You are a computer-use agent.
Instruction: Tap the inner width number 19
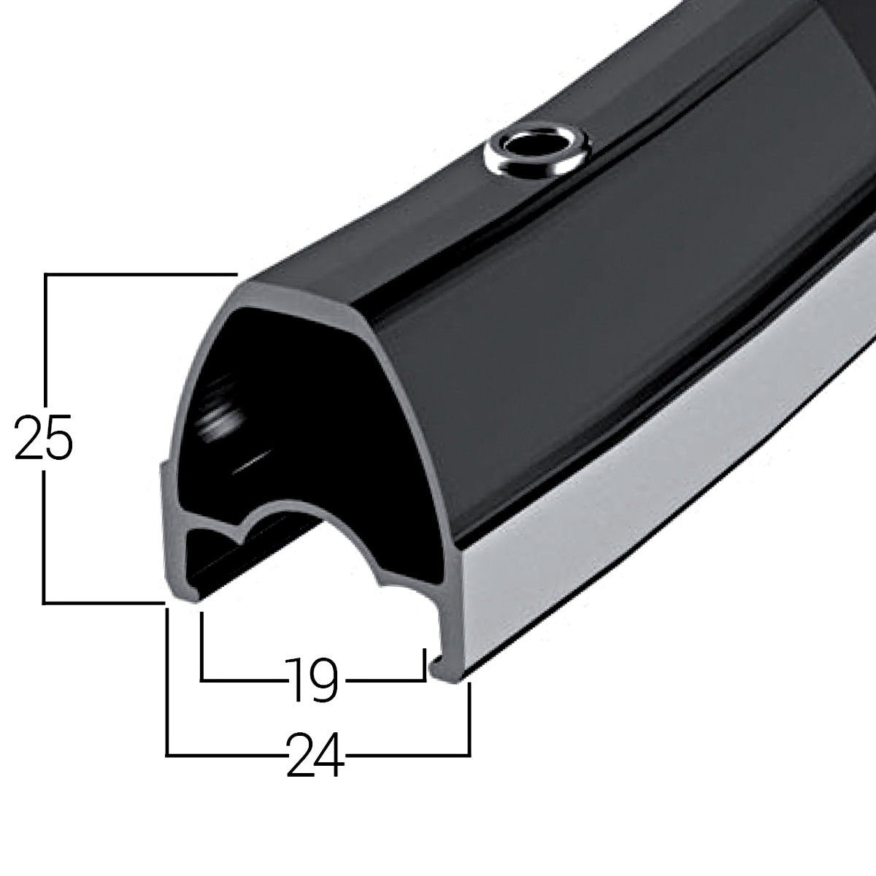tap(312, 680)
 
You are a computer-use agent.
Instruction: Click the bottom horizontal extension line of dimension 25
tap(102, 602)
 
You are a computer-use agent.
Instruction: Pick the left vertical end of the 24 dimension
tap(168, 679)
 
